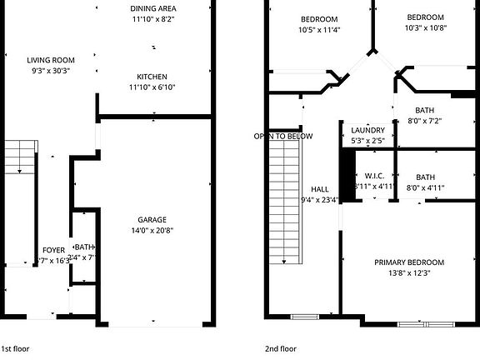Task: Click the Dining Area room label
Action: click(x=152, y=8)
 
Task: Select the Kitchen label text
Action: click(x=152, y=75)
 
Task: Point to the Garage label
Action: click(x=152, y=219)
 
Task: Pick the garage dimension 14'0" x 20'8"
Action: click(x=152, y=231)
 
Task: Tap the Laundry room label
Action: click(x=367, y=131)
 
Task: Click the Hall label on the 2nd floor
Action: click(x=319, y=188)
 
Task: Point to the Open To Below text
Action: click(x=284, y=136)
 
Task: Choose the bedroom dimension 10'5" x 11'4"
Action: click(x=319, y=31)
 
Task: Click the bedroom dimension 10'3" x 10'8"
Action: click(x=426, y=28)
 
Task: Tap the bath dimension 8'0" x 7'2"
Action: click(x=425, y=121)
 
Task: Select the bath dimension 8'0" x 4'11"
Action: click(x=425, y=187)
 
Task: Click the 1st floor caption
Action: click(x=17, y=348)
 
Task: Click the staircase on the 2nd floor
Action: click(x=285, y=200)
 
